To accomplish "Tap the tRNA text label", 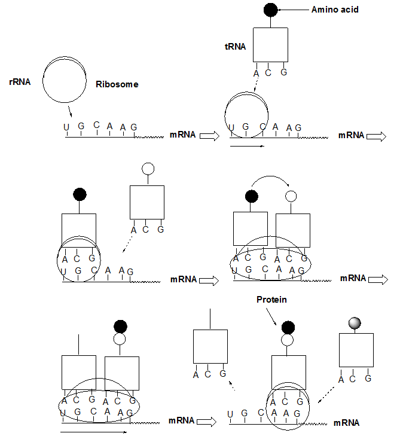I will (x=235, y=45).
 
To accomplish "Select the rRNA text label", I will (x=20, y=81).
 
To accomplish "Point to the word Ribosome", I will (x=117, y=84).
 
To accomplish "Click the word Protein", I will (x=272, y=300).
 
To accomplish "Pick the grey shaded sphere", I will (x=356, y=323).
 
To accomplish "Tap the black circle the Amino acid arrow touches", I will (x=270, y=10).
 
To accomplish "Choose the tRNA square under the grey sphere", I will (x=356, y=350).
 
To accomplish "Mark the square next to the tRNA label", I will (x=270, y=44).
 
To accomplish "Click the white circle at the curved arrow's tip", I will (x=291, y=196).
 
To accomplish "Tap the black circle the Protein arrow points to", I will (x=288, y=327).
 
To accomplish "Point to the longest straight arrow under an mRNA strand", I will (x=93, y=431).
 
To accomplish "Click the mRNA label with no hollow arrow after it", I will (x=347, y=422).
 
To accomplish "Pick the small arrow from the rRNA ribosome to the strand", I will (x=71, y=112).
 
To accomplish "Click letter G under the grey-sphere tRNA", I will (x=369, y=379).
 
